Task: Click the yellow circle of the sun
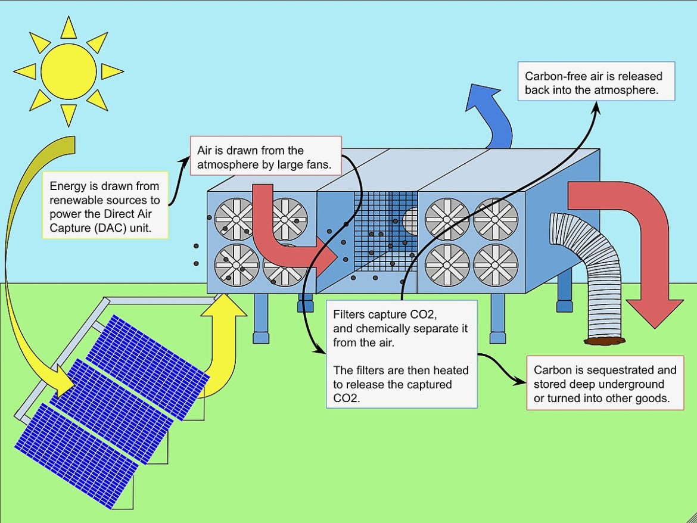tap(69, 71)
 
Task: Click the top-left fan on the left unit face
tap(235, 219)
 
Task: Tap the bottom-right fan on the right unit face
tap(496, 264)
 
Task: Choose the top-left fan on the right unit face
tap(447, 219)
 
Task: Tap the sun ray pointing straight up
tap(69, 27)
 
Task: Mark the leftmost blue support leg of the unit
tap(260, 319)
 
